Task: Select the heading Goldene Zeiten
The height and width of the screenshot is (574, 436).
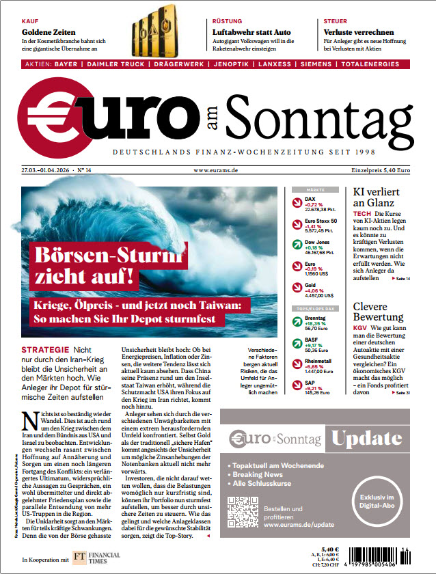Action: pos(48,32)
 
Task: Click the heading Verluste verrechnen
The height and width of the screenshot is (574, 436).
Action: pos(358,32)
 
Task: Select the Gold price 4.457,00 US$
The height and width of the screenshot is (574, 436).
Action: pos(319,296)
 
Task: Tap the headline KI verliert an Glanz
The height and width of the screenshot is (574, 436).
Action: pos(376,197)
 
